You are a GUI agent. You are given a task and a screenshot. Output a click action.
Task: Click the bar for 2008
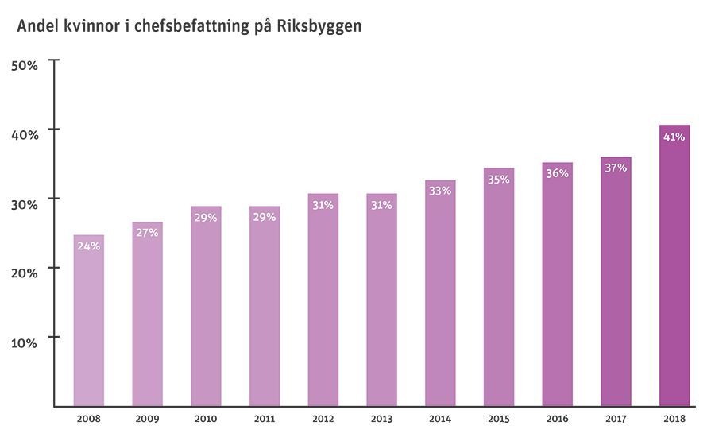(x=88, y=322)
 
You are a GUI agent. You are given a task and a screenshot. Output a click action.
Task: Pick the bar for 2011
(x=265, y=310)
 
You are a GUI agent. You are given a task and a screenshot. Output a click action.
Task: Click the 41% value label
(x=674, y=137)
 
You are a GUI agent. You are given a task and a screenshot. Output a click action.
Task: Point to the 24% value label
(x=88, y=246)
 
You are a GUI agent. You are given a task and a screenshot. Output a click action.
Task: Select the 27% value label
(x=147, y=233)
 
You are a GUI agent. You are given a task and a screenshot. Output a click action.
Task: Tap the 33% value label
(x=440, y=191)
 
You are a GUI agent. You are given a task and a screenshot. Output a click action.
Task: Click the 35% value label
(x=499, y=180)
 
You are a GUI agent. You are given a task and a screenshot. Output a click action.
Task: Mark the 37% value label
(x=616, y=168)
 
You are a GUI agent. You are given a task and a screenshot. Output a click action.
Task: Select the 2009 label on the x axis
(x=147, y=418)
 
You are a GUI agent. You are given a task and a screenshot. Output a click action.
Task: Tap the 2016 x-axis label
(x=557, y=418)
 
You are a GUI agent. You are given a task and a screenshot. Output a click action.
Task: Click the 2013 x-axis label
(x=381, y=418)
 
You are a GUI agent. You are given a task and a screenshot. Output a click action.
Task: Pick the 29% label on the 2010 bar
(x=206, y=218)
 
